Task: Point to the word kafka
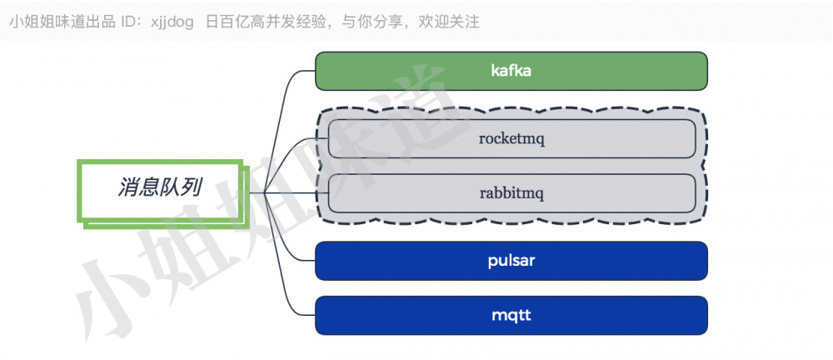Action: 511,71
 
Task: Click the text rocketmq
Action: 511,138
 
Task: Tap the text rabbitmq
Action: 511,192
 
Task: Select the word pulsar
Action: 511,261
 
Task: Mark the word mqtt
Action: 511,315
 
